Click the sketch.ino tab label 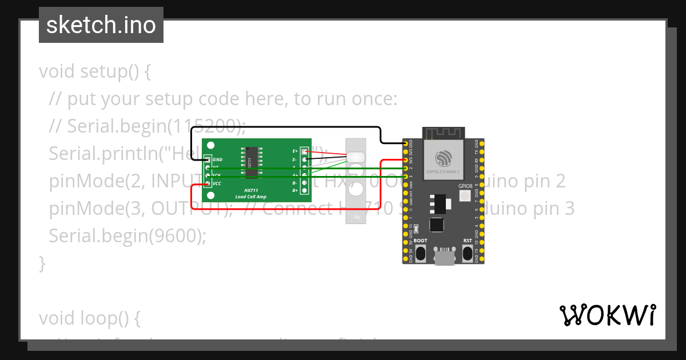point(101,25)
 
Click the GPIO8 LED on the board point(464,196)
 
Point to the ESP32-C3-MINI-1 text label point(444,171)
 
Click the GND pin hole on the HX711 point(208,159)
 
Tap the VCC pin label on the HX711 point(217,183)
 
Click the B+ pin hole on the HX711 point(304,190)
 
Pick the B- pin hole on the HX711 point(304,182)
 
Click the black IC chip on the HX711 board point(249,163)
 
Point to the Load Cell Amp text point(251,197)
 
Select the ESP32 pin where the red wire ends point(406,161)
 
